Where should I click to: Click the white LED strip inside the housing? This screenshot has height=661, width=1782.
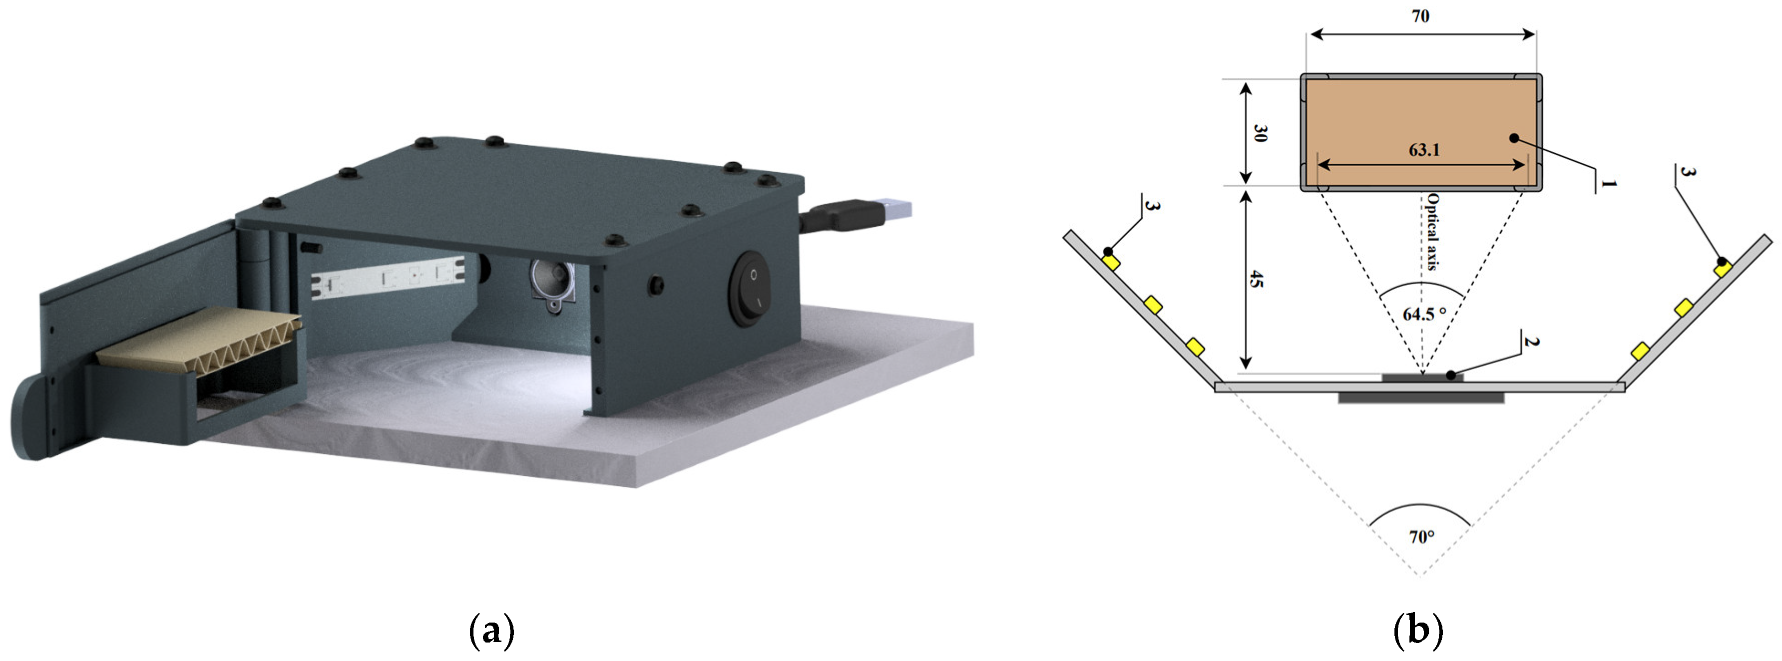pyautogui.click(x=388, y=279)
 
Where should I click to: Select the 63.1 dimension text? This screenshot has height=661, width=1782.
pyautogui.click(x=1424, y=149)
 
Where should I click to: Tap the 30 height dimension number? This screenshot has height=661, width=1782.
pyautogui.click(x=1261, y=133)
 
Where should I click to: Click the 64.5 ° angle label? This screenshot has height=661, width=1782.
pyautogui.click(x=1424, y=314)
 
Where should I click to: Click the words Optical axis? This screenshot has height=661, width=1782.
pyautogui.click(x=1431, y=231)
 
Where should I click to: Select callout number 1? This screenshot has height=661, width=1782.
pyautogui.click(x=1608, y=184)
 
